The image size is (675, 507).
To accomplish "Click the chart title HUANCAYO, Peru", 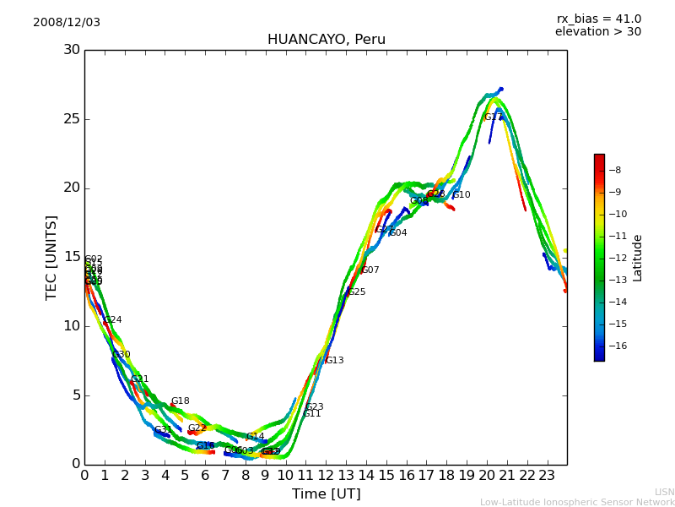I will click(x=326, y=40).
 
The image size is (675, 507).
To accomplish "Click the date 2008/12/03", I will click(x=67, y=23).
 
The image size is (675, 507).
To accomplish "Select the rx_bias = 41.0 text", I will click(x=598, y=19).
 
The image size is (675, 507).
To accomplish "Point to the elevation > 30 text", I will click(x=597, y=32).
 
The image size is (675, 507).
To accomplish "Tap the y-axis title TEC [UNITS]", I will click(x=52, y=257).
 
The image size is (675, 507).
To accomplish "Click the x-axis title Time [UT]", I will click(x=326, y=494).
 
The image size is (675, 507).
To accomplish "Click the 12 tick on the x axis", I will click(x=326, y=475).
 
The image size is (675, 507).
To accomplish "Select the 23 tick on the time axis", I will click(x=547, y=475).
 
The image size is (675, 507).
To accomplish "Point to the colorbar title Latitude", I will click(x=638, y=258).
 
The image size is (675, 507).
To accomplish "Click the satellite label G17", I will click(x=493, y=117).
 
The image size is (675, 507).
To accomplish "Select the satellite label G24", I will click(x=112, y=320).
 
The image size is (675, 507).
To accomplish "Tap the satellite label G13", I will click(x=334, y=361).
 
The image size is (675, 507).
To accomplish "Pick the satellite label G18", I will click(x=180, y=401).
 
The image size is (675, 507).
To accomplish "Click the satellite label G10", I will click(x=461, y=195).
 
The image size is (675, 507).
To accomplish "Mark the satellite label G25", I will click(x=356, y=292).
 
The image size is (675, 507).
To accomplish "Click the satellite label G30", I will click(x=121, y=355).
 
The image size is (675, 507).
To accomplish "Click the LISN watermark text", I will click(x=664, y=492).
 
